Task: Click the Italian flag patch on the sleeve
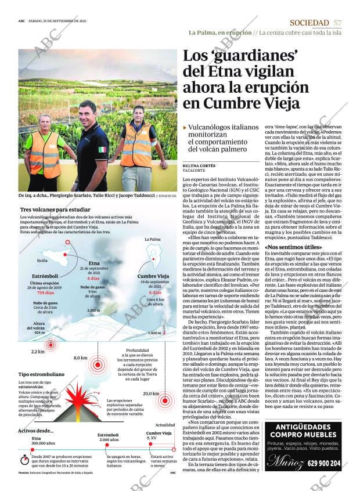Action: [102, 150]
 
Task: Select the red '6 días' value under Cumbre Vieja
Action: [155, 293]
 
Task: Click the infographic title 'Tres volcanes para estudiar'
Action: [55, 209]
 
